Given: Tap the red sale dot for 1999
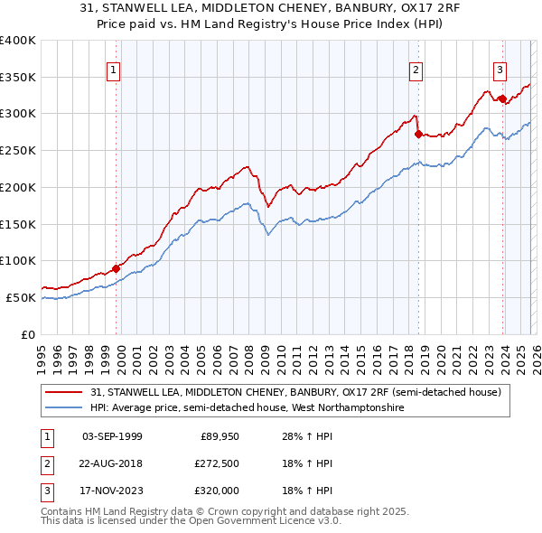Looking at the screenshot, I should [x=116, y=268].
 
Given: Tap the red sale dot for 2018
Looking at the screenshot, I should [x=418, y=134].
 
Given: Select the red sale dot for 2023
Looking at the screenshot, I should [x=502, y=98].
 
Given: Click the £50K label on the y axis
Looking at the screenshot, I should [x=21, y=297].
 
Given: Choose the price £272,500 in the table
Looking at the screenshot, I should [x=217, y=463].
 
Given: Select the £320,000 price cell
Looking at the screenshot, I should [x=217, y=491].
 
